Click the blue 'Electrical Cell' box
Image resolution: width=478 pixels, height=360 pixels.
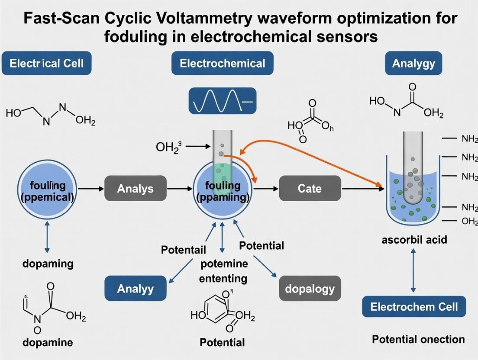[x=46, y=64]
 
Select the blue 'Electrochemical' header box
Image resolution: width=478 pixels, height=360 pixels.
[x=222, y=64]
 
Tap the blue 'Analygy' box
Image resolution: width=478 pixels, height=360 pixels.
[x=413, y=64]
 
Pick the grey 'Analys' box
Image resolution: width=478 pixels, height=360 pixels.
[x=135, y=188]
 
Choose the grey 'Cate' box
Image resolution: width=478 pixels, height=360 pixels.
[x=310, y=188]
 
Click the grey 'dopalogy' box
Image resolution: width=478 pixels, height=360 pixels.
[x=310, y=288]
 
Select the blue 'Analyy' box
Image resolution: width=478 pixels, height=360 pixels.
[x=136, y=288]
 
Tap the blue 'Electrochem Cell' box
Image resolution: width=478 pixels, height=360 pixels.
[x=413, y=307]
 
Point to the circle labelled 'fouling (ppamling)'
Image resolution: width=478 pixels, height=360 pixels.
[x=222, y=190]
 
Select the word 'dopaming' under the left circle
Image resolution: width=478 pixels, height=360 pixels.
[x=48, y=263]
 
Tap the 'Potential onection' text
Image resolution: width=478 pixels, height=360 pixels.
[x=418, y=339]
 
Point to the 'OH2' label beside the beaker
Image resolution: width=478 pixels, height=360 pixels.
[x=469, y=221]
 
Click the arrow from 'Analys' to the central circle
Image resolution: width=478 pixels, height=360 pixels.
[x=180, y=189]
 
